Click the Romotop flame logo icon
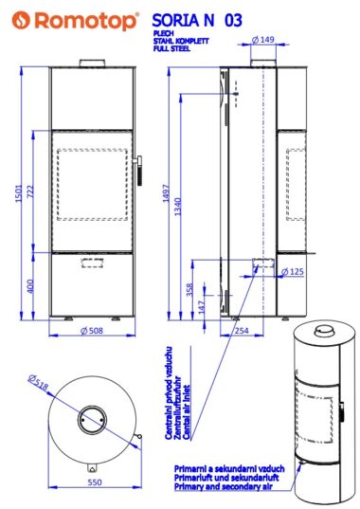21,20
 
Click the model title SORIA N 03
197,20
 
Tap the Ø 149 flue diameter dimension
263,40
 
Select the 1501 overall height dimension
19,193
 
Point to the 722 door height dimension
29,192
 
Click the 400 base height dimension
29,286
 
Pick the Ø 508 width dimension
92,331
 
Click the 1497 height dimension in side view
166,193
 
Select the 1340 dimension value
178,207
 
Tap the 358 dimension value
189,289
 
